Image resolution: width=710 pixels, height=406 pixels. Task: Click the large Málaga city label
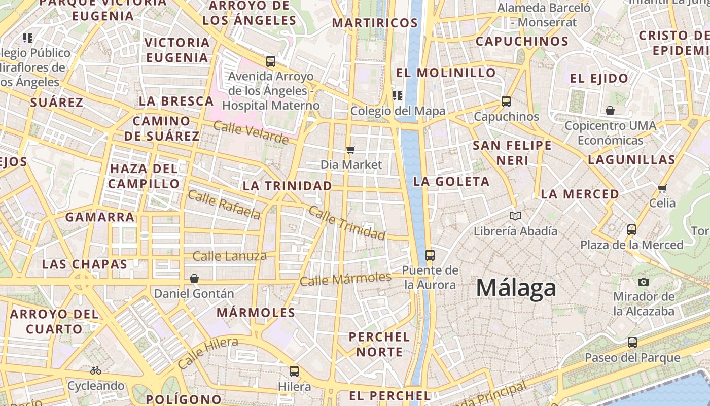516,288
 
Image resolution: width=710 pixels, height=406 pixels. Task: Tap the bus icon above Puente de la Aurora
430,255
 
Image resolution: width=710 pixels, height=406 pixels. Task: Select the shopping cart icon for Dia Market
350,150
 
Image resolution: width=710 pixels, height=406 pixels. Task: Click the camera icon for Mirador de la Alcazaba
644,282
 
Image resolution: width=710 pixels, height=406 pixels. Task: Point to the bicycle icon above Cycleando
96,370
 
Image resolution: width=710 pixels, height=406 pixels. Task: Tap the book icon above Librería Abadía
515,216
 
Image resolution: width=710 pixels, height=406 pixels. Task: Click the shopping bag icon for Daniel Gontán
194,279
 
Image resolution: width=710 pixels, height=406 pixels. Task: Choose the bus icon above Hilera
294,371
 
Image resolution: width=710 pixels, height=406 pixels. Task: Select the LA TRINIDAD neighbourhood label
287,186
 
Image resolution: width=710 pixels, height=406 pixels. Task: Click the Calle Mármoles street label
345,279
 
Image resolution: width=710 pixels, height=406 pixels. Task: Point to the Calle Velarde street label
251,132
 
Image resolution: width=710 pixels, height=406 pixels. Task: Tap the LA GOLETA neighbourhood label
451,181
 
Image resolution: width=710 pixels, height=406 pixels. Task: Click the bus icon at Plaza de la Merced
632,229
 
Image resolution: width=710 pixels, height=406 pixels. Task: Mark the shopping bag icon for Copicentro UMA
610,110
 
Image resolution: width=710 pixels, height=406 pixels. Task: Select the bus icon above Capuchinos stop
506,101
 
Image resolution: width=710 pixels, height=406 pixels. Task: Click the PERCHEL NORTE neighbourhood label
379,344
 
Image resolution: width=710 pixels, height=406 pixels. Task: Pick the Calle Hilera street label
207,353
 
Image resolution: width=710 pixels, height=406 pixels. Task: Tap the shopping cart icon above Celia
662,188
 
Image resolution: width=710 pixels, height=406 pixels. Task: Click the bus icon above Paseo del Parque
632,343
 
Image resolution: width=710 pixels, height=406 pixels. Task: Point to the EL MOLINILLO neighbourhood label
446,73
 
